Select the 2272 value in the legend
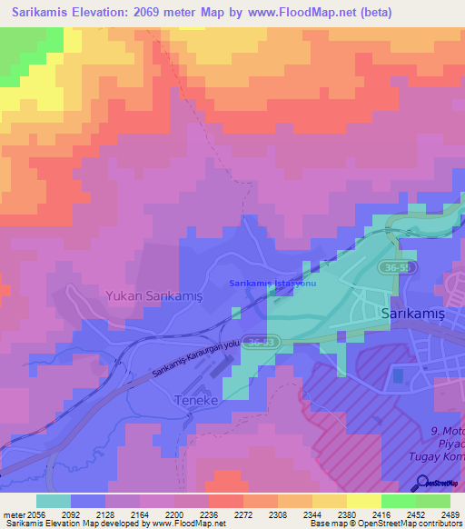coord(242,514)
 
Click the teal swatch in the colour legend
coord(53,501)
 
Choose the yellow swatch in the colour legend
coord(363,501)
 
